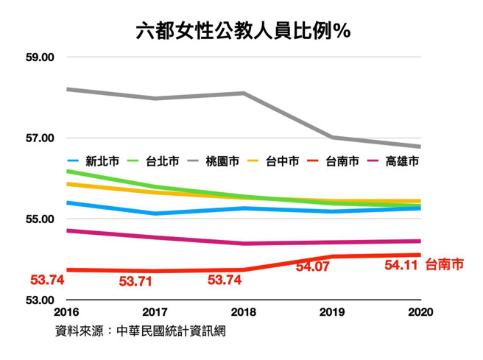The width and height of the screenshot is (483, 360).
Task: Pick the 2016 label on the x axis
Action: click(67, 312)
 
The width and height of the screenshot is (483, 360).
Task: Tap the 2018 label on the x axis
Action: click(244, 312)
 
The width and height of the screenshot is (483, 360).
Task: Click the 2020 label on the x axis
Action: click(420, 312)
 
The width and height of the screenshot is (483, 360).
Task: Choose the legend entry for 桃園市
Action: click(222, 162)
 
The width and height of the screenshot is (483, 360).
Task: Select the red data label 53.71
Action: click(136, 281)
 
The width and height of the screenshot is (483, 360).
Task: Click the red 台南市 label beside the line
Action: click(445, 265)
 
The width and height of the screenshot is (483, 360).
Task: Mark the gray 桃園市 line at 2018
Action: click(244, 93)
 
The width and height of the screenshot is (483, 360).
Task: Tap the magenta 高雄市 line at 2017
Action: click(155, 238)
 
